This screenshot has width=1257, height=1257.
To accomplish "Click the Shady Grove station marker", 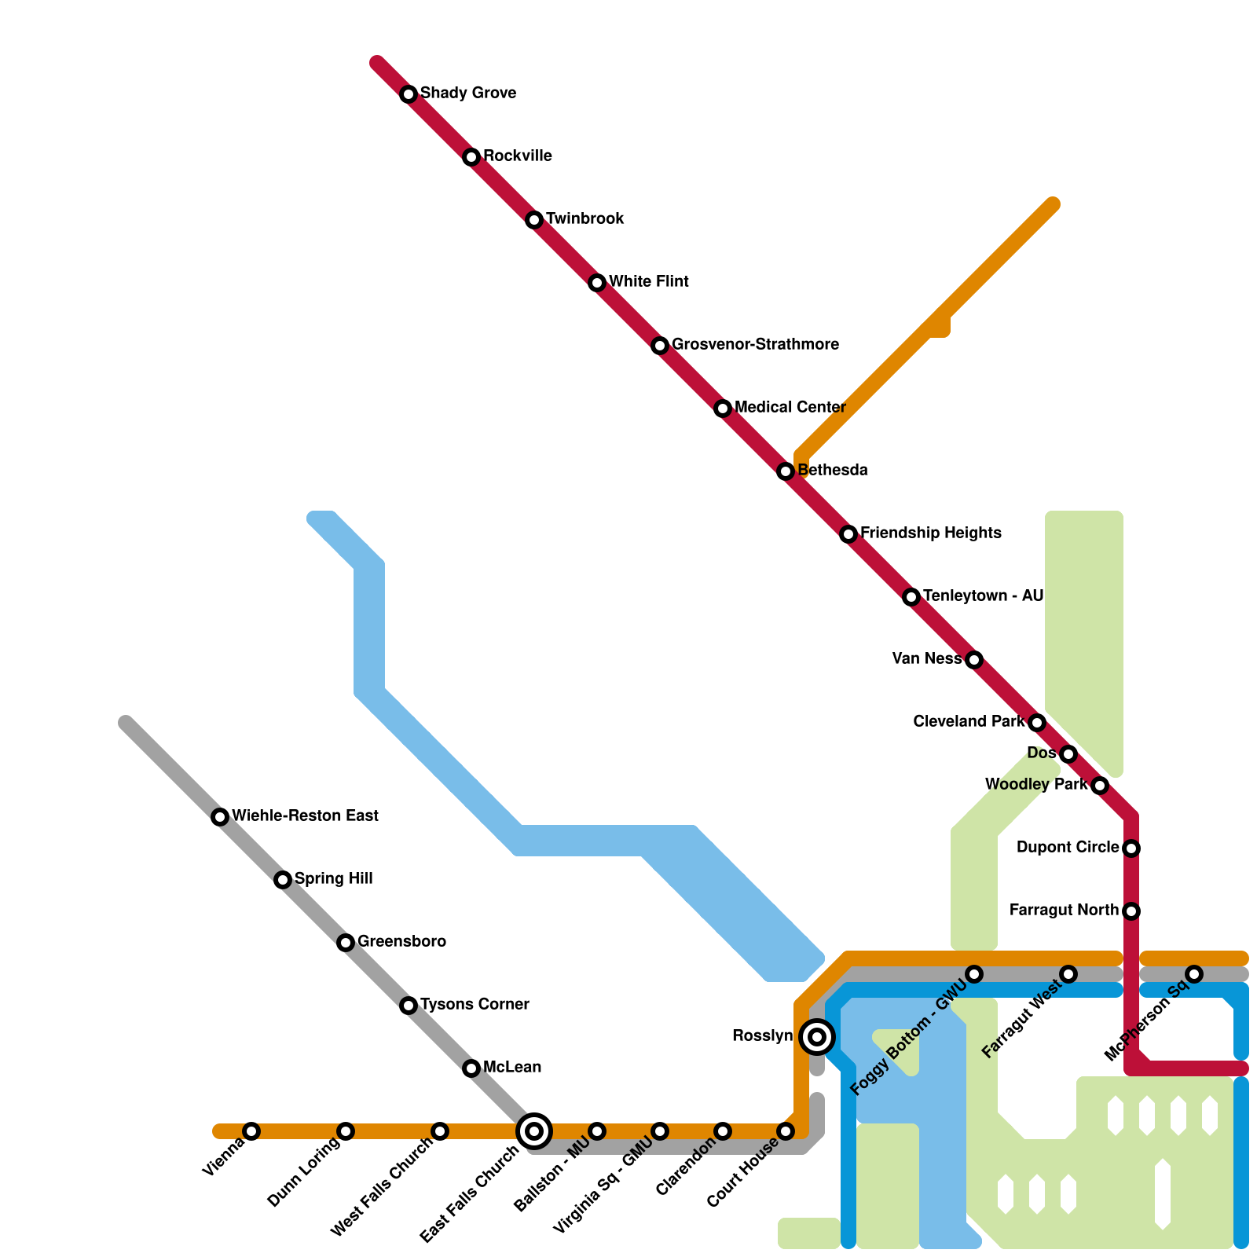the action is point(409,94).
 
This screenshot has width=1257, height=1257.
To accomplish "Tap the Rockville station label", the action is point(517,156).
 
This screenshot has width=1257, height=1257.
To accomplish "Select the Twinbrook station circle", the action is point(534,220).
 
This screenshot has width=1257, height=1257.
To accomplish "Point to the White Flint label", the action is point(648,281).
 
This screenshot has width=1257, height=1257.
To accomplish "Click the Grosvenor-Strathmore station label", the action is point(755,344).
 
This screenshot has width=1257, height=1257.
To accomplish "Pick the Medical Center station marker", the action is point(723,409).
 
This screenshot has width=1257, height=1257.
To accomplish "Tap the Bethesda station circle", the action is point(786,471).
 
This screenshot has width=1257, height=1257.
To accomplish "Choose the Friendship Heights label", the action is point(931,533).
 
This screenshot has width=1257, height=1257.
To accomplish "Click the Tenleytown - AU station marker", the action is point(911,597).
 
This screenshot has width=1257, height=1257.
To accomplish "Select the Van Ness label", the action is point(927,658).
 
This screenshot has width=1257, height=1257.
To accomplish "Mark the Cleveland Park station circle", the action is point(1037,723).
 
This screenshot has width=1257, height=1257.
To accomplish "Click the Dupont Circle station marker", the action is point(1131,848).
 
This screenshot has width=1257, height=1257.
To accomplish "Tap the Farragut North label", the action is point(1064,910).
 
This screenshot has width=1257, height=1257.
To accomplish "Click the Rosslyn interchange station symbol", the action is point(817,1037).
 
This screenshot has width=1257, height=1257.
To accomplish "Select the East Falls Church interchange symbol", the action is point(534,1131).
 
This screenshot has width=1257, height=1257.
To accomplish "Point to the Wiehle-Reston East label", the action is point(305,815).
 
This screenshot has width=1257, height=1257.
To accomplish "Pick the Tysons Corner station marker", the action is point(409,1006).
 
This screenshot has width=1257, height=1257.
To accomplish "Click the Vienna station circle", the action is point(251,1131).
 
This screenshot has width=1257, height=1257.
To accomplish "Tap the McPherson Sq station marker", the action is point(1194,974).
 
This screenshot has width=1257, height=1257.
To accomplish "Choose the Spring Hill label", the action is point(333,878).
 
